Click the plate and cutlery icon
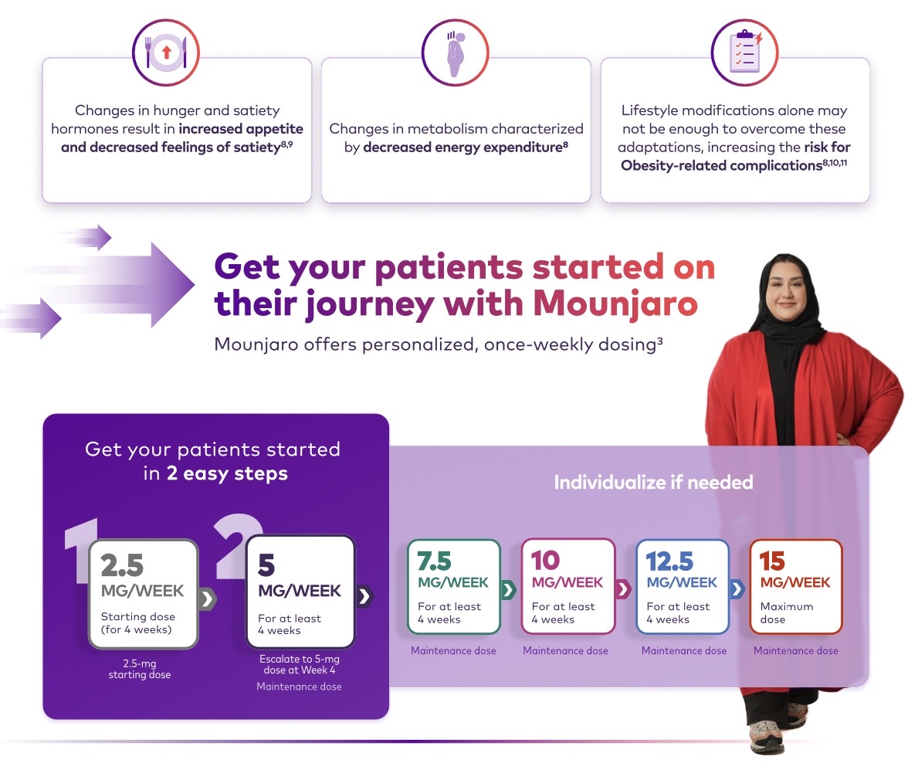[166, 53]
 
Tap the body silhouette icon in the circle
[456, 53]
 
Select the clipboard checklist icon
[745, 53]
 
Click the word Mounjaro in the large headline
[615, 304]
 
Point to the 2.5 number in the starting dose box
[122, 565]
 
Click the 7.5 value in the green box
[434, 561]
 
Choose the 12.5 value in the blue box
[669, 561]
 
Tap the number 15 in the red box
[772, 561]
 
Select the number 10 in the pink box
[545, 560]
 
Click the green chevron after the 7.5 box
[508, 590]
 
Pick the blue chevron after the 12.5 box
[737, 589]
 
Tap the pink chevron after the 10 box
[623, 589]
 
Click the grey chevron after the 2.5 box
[207, 599]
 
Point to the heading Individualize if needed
[653, 482]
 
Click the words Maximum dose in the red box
[786, 613]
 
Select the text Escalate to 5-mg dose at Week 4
[300, 664]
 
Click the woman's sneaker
[766, 738]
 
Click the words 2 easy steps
[227, 473]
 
